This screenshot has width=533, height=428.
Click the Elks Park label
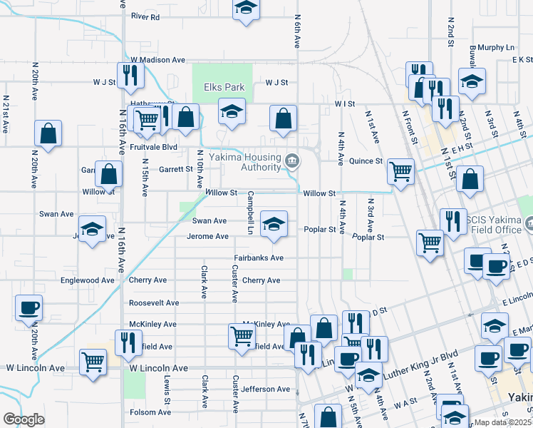coord(224,87)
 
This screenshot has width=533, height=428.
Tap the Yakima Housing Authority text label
coord(249,162)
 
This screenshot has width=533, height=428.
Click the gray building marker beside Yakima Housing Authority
coord(291,160)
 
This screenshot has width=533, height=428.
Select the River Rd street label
coord(145,16)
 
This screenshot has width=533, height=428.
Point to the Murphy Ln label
coord(497,47)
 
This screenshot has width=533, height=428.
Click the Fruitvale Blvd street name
coord(153,147)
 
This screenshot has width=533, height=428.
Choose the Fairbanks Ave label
coord(259,258)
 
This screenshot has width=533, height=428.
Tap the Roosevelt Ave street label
coord(153,302)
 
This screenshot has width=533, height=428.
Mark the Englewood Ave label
coord(88,280)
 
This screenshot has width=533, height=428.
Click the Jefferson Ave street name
coord(265,389)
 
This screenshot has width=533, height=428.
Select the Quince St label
coord(365,161)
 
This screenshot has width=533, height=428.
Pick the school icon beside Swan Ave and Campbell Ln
coord(274,223)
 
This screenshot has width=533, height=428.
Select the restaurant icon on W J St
coord(129,75)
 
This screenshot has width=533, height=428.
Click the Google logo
coord(24,419)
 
